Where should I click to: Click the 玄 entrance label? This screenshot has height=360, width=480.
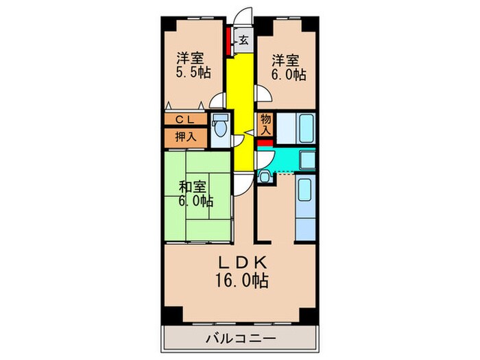point(243,40)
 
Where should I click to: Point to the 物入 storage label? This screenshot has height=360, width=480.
point(266,124)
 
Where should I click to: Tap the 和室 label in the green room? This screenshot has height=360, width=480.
point(193,186)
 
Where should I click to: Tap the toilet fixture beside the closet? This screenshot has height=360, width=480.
point(219,127)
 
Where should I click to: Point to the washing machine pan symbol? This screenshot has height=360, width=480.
point(265,176)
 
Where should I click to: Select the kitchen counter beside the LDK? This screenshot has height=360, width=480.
point(304,206)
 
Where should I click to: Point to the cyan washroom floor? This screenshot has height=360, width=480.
point(278,161)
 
